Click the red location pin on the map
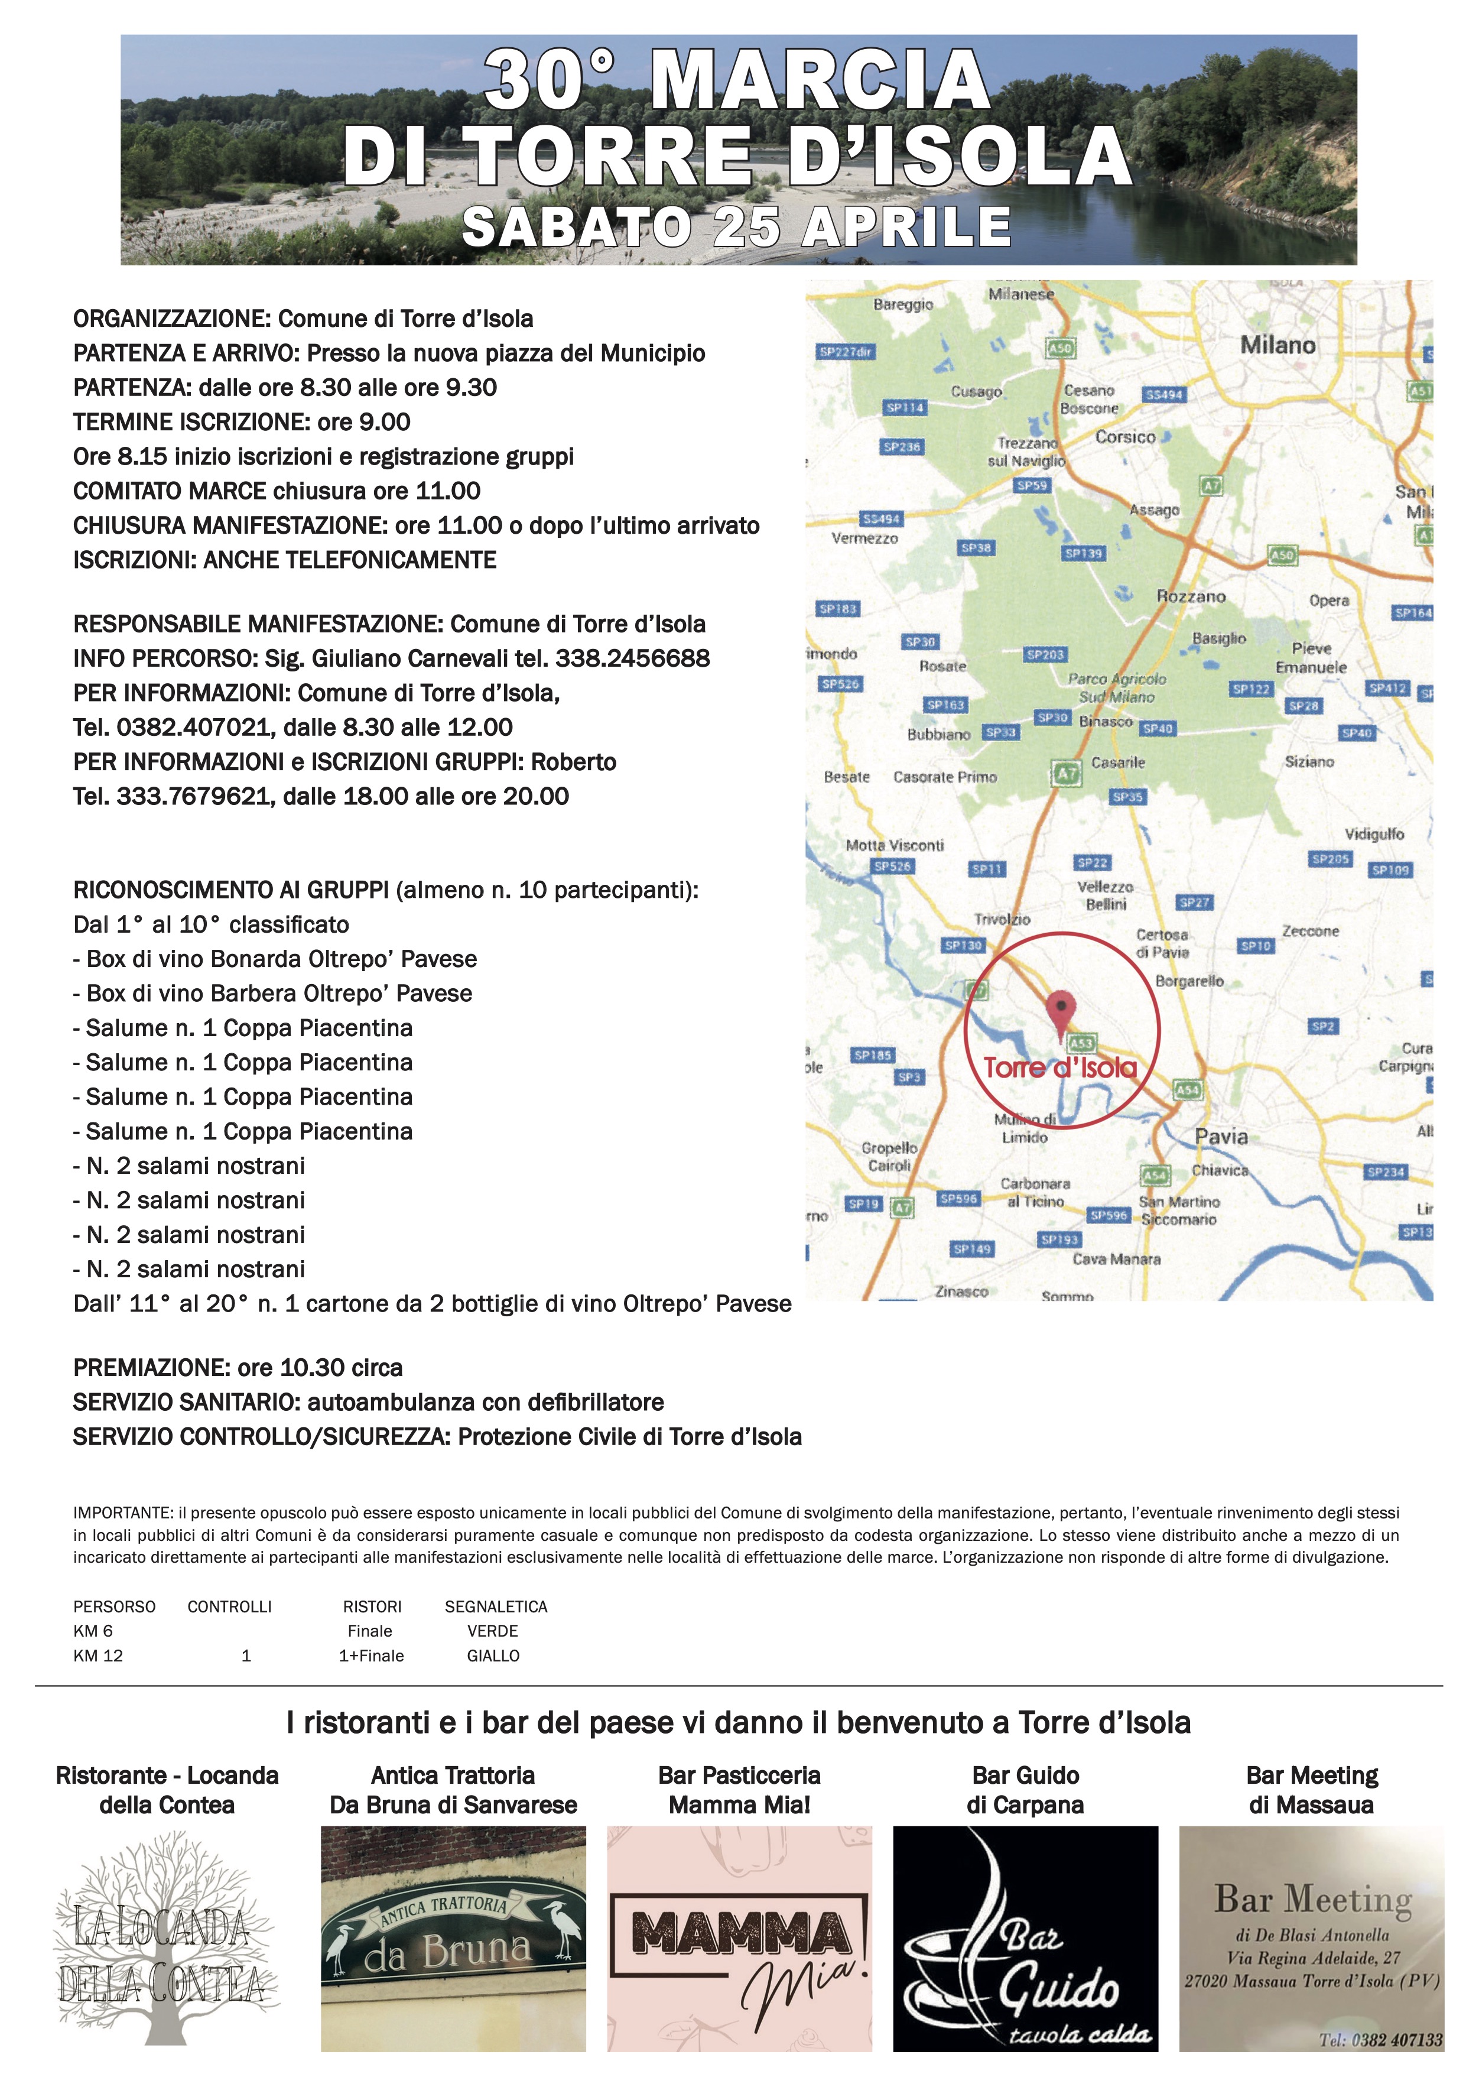pos(1060,1011)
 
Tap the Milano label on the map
pos(1277,345)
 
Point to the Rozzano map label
pos(1190,597)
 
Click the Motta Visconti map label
pos(895,845)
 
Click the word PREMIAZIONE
pos(151,1367)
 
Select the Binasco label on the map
pos(1106,722)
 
